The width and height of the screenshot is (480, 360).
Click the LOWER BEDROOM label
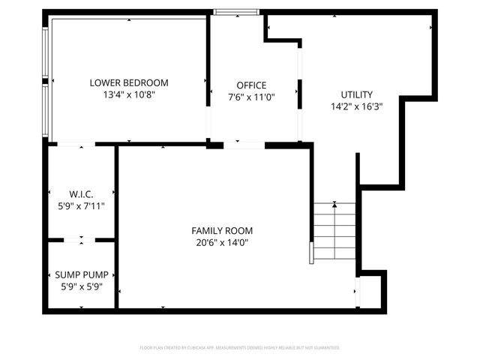point(129,82)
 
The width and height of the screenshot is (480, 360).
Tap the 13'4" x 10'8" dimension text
point(129,95)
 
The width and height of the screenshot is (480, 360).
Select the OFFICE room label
point(251,85)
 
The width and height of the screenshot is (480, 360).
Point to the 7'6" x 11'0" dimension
point(251,97)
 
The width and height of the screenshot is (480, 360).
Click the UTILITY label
point(356,94)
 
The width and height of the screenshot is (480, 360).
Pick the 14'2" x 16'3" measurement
point(356,106)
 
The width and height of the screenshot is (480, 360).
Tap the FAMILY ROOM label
point(222,230)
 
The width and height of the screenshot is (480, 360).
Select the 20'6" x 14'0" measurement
point(222,242)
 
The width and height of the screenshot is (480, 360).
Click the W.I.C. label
point(81,193)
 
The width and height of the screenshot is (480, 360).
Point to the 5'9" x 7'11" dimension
point(81,205)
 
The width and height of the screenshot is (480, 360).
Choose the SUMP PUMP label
point(81,274)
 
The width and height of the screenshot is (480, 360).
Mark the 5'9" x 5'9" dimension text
point(81,286)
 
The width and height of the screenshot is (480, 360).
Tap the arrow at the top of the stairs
point(334,204)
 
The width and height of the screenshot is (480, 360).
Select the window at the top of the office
point(236,12)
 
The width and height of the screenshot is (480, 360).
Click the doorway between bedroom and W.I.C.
point(76,143)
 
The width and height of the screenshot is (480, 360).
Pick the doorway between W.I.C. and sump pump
point(81,240)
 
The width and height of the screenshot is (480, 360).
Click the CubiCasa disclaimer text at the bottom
point(240,348)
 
